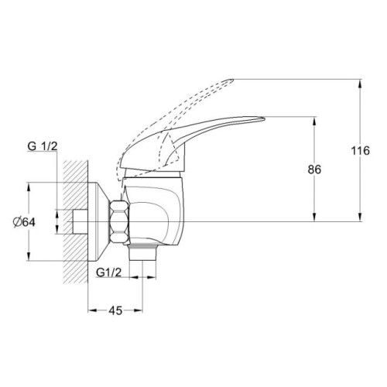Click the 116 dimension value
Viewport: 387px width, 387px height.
point(361,150)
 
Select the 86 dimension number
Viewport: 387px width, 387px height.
point(314,170)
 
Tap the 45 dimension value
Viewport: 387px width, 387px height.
point(115,310)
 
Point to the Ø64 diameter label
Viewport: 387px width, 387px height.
point(24,222)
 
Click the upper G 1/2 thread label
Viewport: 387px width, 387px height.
point(43,146)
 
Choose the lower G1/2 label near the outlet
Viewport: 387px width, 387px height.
point(108,272)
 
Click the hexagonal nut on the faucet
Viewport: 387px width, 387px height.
point(119,222)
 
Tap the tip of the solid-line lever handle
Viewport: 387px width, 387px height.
point(264,118)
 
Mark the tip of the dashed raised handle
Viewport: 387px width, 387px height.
point(232,80)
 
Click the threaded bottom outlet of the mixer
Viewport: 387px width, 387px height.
point(142,253)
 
